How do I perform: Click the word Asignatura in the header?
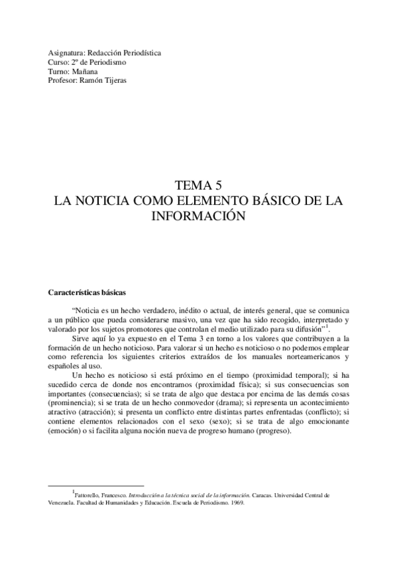pos(64,52)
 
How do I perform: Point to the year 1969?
pos(235,502)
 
